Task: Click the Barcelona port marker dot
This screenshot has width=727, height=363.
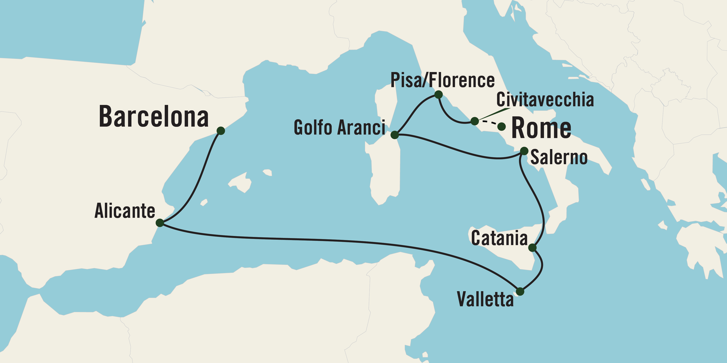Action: (221, 130)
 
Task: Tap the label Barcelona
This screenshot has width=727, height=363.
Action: (154, 116)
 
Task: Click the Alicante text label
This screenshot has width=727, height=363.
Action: (125, 211)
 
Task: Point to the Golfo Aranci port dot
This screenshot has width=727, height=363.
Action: (395, 135)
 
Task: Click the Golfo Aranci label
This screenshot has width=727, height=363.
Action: (339, 127)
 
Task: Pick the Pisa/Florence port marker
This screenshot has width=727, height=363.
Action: (438, 94)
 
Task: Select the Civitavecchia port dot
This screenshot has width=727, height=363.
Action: (475, 121)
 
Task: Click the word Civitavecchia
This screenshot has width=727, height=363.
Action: (545, 100)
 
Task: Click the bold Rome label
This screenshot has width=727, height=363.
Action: (541, 128)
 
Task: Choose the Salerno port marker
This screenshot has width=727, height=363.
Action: (524, 151)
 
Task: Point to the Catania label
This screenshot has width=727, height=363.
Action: (499, 238)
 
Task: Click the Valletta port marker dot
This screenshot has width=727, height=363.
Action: (520, 291)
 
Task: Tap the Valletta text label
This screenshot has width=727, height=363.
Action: (485, 299)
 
